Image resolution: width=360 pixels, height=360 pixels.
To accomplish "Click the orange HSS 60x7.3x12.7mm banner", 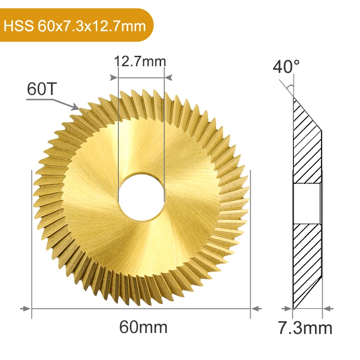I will point(76,25).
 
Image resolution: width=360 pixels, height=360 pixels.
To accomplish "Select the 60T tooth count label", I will point(41,89).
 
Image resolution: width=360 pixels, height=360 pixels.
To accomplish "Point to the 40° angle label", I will point(286,67).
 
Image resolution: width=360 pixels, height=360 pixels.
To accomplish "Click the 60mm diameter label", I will point(143,327).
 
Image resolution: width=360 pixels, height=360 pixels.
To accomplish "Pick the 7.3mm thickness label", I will point(306,328).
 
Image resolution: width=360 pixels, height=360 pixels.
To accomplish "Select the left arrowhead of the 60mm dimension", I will point(27,309).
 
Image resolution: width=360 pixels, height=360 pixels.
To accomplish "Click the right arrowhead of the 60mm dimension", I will point(256,309).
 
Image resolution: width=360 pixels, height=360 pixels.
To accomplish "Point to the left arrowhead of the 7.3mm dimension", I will point(288,309).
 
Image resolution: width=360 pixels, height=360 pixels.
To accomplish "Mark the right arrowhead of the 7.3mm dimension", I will point(328,309).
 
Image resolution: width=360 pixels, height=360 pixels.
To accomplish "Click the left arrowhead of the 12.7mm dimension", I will point(114,77).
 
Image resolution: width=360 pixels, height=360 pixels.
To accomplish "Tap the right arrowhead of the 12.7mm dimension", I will point(169,77).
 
